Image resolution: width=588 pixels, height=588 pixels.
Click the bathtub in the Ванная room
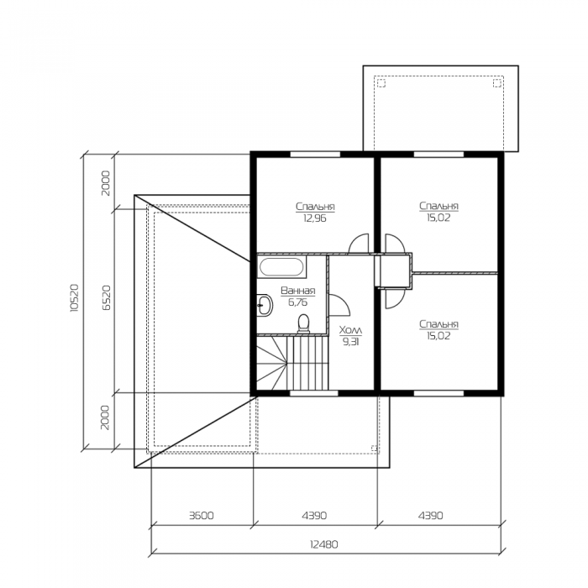pos(281,266)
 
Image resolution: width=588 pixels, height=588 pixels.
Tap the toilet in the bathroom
pos(303,324)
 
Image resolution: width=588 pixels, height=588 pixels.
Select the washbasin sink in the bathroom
pos(265,305)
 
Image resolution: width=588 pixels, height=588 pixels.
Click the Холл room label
pos(350,330)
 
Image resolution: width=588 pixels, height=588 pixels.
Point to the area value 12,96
pos(315,218)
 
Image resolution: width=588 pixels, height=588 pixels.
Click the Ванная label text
pos(297,291)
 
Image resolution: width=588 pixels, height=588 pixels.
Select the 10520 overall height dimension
pos(74,297)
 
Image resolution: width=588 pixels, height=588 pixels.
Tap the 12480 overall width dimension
pos(324,544)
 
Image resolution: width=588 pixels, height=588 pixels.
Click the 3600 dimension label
pos(202,516)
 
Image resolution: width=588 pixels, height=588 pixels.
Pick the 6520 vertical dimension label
pos(107,297)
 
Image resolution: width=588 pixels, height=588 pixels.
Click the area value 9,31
pos(350,342)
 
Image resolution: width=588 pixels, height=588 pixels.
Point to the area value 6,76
pos(297,302)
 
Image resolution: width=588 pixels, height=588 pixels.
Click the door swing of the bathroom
pos(339,304)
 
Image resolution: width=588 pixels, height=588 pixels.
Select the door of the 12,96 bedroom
pos(359,244)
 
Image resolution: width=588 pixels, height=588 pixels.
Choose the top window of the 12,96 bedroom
pos(315,154)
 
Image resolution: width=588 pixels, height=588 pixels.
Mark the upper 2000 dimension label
pos(107,183)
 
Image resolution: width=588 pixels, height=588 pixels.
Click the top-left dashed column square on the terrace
pos(381,83)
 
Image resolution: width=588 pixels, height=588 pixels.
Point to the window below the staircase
pos(314,393)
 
